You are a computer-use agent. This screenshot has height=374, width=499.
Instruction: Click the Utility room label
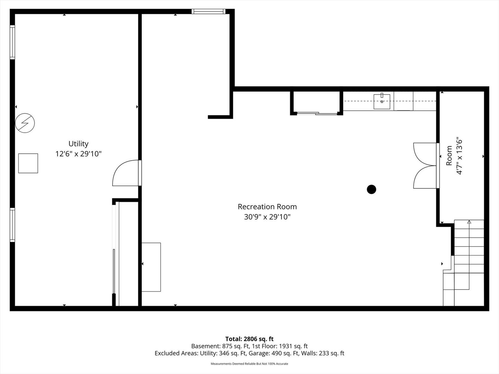[x=78, y=144]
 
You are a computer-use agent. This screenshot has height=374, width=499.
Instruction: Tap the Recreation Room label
[x=267, y=207]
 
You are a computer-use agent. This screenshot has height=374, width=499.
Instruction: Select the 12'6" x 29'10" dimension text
[x=78, y=154]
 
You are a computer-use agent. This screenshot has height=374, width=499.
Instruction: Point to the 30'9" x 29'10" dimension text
[x=267, y=217]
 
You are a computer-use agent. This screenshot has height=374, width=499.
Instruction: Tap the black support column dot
[x=371, y=189]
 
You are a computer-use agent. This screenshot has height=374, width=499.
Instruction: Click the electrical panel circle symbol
[x=25, y=123]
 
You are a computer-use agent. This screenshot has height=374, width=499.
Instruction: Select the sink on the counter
[x=382, y=101]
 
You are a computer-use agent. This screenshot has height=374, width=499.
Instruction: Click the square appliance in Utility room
[x=28, y=163]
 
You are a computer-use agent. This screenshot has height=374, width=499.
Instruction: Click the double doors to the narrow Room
[x=426, y=166]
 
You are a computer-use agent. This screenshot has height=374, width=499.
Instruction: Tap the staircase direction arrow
[x=469, y=222]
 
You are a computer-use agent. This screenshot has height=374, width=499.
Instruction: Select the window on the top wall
[x=208, y=11]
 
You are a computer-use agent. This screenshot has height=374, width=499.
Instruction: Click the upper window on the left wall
[x=12, y=42]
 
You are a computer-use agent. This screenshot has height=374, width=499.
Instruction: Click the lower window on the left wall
[x=12, y=225]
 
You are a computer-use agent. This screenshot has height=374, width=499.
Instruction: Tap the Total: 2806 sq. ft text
[x=249, y=339]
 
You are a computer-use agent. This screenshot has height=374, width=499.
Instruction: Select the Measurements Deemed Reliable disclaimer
[x=249, y=364]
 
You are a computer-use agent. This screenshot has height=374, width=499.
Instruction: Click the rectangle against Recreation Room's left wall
[x=151, y=267]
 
